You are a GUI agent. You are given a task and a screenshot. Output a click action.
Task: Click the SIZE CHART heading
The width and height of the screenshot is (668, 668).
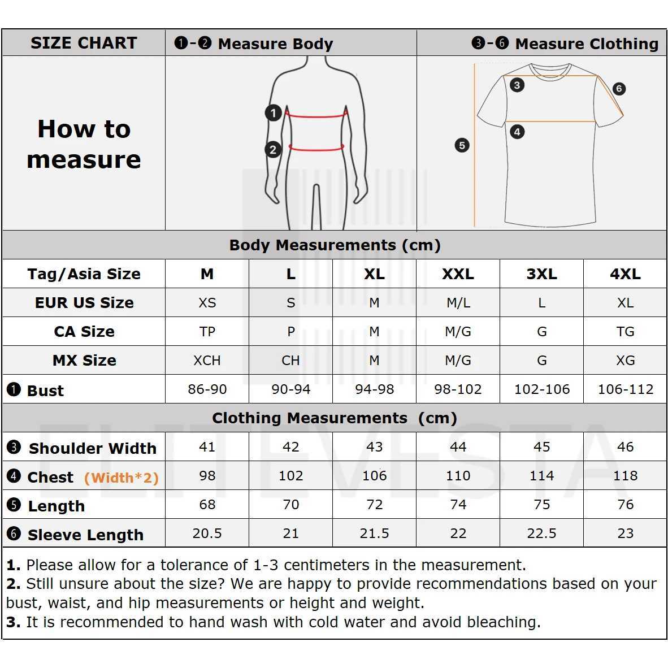[x=84, y=43]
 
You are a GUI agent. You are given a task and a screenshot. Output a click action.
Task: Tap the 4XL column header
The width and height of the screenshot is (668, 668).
[x=625, y=274]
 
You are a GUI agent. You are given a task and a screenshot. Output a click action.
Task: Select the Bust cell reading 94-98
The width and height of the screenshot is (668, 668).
[x=374, y=389]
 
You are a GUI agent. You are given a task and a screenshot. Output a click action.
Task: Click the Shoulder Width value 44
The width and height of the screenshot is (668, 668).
[x=458, y=447]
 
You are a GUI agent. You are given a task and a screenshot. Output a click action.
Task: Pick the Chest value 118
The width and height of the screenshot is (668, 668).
[x=625, y=476]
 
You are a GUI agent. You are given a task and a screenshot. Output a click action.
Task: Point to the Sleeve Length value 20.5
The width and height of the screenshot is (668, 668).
[x=207, y=533]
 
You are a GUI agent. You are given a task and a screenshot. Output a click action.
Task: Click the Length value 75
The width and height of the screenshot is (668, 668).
[x=541, y=505]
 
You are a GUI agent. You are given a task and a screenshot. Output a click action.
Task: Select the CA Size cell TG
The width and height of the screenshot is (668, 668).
[x=625, y=332]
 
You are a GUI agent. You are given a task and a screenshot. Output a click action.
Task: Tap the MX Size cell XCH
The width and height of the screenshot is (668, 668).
[x=207, y=361]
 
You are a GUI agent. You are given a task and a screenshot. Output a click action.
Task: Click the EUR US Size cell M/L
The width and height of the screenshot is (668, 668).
[x=458, y=303]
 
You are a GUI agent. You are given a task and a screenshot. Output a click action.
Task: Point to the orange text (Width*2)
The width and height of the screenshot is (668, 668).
[x=121, y=478]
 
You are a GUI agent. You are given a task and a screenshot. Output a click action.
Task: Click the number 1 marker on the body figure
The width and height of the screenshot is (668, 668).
[x=274, y=113]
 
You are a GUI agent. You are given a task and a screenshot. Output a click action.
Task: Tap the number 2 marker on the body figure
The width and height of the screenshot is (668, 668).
[x=273, y=150]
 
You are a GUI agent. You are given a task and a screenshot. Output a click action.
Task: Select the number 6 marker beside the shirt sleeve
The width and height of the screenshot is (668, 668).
[x=619, y=89]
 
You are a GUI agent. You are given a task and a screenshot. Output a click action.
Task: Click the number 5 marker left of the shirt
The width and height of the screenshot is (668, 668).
[x=462, y=145]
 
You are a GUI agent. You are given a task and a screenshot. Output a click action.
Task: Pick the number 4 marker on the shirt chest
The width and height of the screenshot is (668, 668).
[x=517, y=132]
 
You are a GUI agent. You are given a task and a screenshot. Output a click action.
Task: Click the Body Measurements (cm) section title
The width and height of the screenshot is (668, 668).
[x=335, y=245]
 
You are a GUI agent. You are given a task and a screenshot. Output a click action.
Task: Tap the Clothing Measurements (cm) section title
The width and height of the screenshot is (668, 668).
[x=335, y=418]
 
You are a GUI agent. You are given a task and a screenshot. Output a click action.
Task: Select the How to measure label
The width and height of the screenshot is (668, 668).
[x=84, y=144]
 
